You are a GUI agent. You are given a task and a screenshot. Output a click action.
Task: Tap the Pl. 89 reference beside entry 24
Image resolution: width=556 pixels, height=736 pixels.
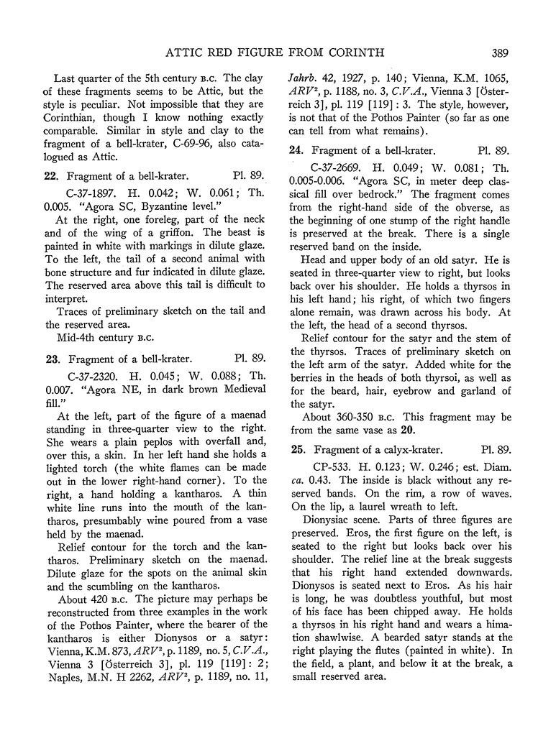pyautogui.click(x=493, y=151)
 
